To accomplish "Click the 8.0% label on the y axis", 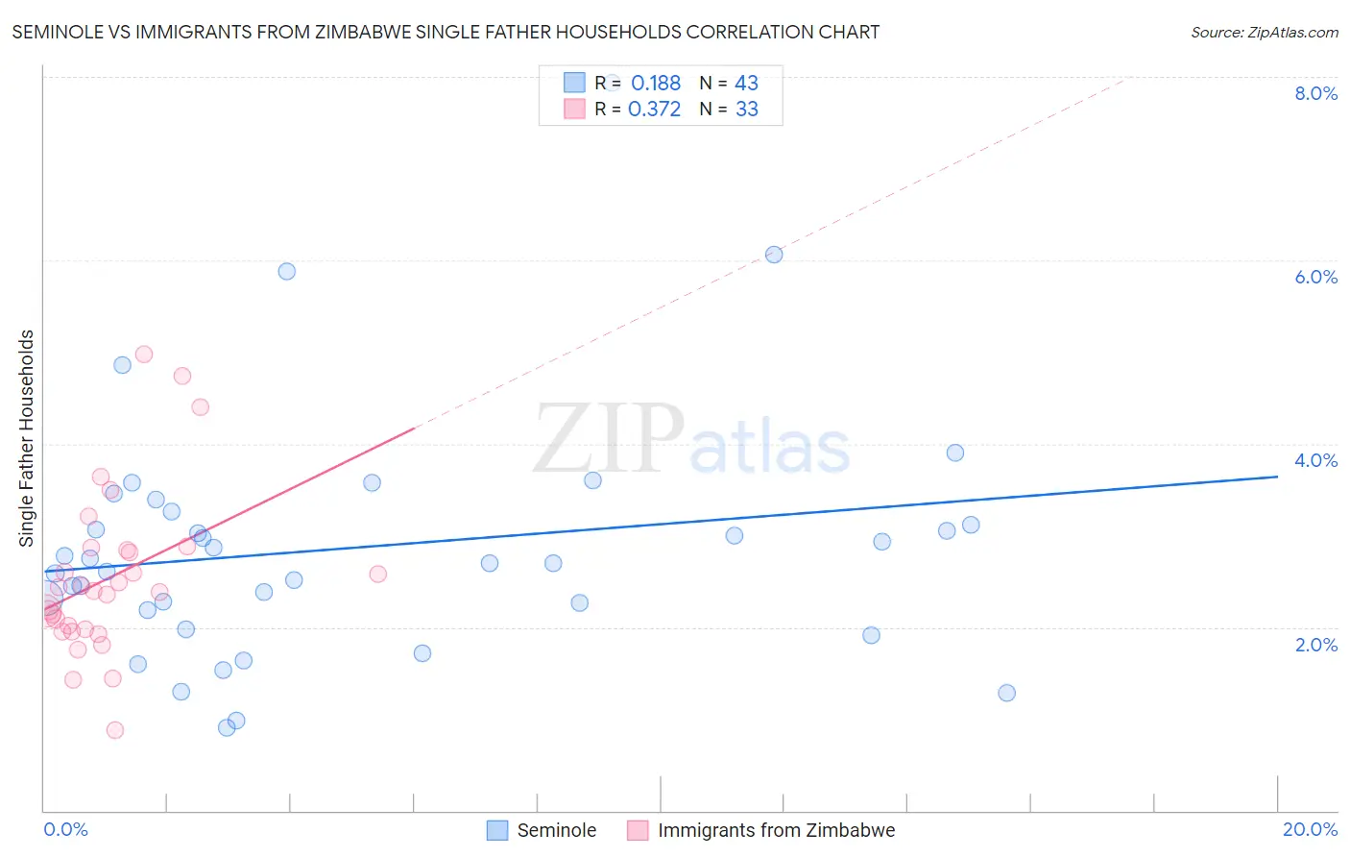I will (x=1315, y=93).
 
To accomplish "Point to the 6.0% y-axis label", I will (x=1315, y=277).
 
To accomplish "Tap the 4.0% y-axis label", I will (x=1315, y=460).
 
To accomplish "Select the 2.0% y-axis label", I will (x=1315, y=644).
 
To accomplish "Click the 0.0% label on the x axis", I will (x=65, y=829).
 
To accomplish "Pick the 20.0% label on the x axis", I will (x=1310, y=829).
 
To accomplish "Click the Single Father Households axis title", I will (x=26, y=438).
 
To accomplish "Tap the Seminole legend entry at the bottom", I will (x=556, y=830).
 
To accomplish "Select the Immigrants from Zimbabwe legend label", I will (x=776, y=830).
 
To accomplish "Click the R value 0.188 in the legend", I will (x=656, y=84).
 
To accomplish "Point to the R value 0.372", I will (x=654, y=110).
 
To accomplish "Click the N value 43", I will (x=746, y=84).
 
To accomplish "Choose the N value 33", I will (x=746, y=110).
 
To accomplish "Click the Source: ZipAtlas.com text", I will (x=1264, y=33).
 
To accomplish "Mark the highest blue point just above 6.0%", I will (x=774, y=255).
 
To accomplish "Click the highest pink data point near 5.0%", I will (x=144, y=355).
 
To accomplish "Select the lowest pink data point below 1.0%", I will (x=115, y=730).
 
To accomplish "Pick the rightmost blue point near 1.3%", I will (x=1006, y=693).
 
